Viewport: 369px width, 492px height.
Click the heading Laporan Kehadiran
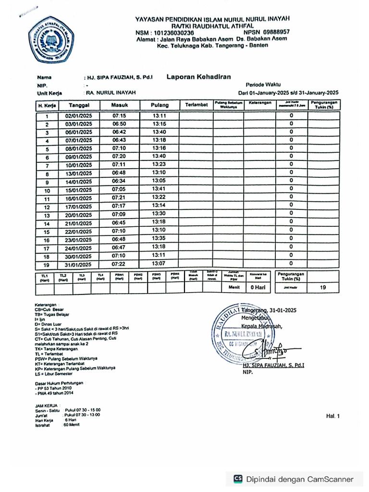(x=198, y=76)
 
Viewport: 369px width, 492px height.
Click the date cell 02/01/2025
(x=79, y=116)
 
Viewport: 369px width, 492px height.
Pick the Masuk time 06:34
(x=119, y=182)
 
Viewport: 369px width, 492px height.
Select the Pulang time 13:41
(x=159, y=189)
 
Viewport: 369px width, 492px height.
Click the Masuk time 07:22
(x=119, y=264)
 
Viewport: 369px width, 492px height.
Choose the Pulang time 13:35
(x=159, y=238)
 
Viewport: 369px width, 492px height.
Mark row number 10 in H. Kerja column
(x=47, y=191)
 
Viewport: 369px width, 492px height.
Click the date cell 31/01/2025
(x=78, y=264)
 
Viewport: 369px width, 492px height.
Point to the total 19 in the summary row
(x=324, y=287)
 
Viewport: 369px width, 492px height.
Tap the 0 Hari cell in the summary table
(x=258, y=287)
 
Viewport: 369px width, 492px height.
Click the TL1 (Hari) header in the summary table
(x=45, y=277)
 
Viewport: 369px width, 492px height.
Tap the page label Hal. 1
(x=332, y=417)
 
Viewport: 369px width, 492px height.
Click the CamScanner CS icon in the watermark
(x=238, y=479)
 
